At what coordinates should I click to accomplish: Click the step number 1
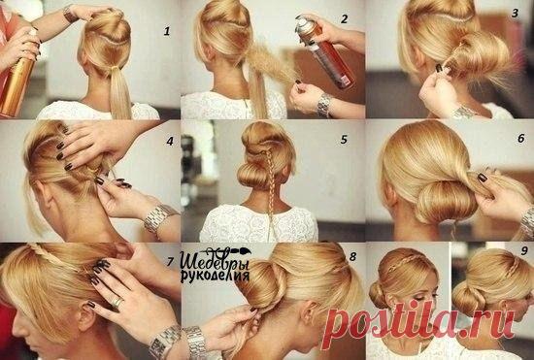[x=167, y=31]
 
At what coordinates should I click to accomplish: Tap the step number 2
[x=345, y=19]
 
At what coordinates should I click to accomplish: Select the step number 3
[x=515, y=13]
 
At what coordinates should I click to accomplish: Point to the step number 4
[x=170, y=141]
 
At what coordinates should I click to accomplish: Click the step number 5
[x=344, y=139]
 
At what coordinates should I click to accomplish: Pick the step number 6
[x=521, y=138]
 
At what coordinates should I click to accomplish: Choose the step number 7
[x=170, y=261]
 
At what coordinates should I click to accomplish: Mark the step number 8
[x=352, y=256]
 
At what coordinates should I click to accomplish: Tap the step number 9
[x=523, y=251]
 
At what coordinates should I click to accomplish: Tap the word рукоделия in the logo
[x=215, y=276]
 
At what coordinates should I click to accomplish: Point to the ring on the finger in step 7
[x=117, y=302]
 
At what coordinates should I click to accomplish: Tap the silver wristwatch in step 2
[x=324, y=106]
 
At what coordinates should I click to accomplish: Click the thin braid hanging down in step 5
[x=270, y=190]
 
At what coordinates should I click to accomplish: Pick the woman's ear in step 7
[x=86, y=318]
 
